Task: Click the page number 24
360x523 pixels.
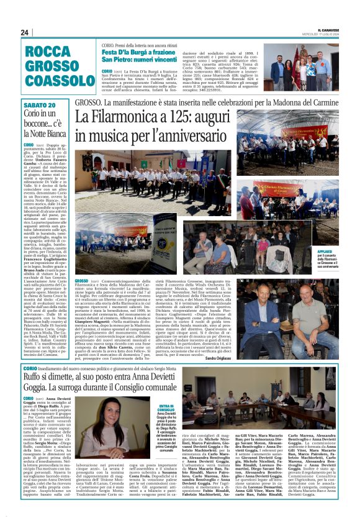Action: (x=24, y=32)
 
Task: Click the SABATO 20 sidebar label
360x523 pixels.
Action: (x=39, y=105)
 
